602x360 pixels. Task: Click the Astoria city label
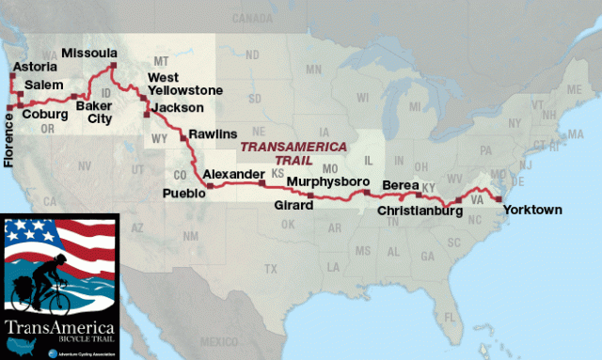pyautogui.click(x=35, y=69)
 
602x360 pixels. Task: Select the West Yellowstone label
pyautogui.click(x=185, y=83)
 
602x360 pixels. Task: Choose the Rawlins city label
pyautogui.click(x=213, y=134)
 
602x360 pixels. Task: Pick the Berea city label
pyautogui.click(x=402, y=184)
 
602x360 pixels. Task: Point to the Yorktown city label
pyautogui.click(x=531, y=210)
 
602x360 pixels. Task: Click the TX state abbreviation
pyautogui.click(x=270, y=269)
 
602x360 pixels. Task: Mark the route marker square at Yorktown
pyautogui.click(x=499, y=198)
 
